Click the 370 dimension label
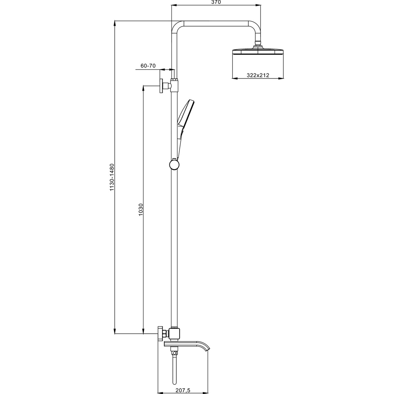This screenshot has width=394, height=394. [x=216, y=2]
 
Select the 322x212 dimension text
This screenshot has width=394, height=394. [x=258, y=75]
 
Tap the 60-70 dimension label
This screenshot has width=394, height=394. [x=148, y=66]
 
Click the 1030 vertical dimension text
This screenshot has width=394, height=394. [x=140, y=210]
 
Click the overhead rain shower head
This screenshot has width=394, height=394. [x=258, y=51]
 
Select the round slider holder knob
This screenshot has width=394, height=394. [x=174, y=165]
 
